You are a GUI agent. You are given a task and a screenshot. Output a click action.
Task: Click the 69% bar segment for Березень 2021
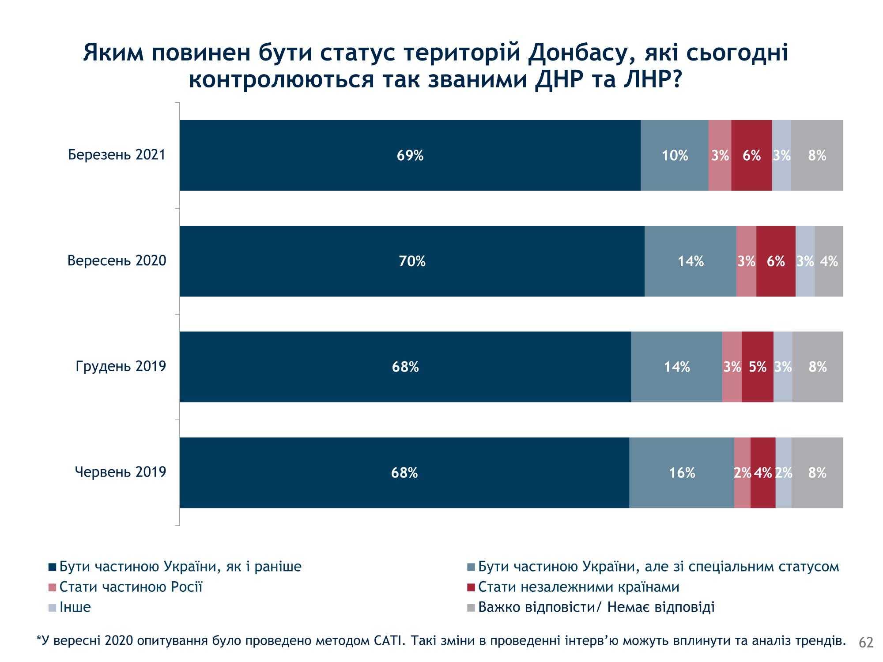pyautogui.click(x=410, y=155)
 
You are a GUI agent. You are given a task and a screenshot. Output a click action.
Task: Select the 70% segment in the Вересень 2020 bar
pyautogui.click(x=412, y=261)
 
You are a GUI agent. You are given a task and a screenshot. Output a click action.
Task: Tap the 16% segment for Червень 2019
pyautogui.click(x=682, y=473)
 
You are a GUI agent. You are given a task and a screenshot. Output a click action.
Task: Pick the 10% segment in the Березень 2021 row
pyautogui.click(x=674, y=155)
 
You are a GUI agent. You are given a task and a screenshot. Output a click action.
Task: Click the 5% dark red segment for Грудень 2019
pyautogui.click(x=758, y=367)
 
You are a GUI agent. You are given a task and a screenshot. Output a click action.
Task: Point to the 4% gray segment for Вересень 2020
pyautogui.click(x=829, y=261)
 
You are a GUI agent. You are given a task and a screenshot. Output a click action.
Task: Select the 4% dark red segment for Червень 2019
pyautogui.click(x=763, y=473)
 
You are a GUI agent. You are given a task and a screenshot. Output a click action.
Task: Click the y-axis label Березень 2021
pyautogui.click(x=117, y=155)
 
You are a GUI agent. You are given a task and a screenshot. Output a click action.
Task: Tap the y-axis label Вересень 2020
pyautogui.click(x=117, y=261)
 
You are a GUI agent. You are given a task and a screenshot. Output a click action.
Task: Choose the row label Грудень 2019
pyautogui.click(x=121, y=366)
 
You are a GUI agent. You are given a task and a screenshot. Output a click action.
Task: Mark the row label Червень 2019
pyautogui.click(x=120, y=472)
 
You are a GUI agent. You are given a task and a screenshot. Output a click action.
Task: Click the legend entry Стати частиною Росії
pyautogui.click(x=131, y=587)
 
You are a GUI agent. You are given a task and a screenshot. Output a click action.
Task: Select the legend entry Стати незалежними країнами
pyautogui.click(x=578, y=587)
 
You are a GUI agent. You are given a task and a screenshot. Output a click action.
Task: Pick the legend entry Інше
pyautogui.click(x=75, y=607)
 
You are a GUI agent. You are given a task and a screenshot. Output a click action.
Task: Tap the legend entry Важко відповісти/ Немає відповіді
pyautogui.click(x=596, y=607)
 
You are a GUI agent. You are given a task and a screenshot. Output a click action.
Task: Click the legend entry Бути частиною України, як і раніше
pyautogui.click(x=180, y=567)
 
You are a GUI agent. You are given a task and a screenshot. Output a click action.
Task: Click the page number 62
pyautogui.click(x=866, y=643)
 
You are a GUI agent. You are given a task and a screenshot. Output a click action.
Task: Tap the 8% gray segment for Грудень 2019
pyautogui.click(x=817, y=367)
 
